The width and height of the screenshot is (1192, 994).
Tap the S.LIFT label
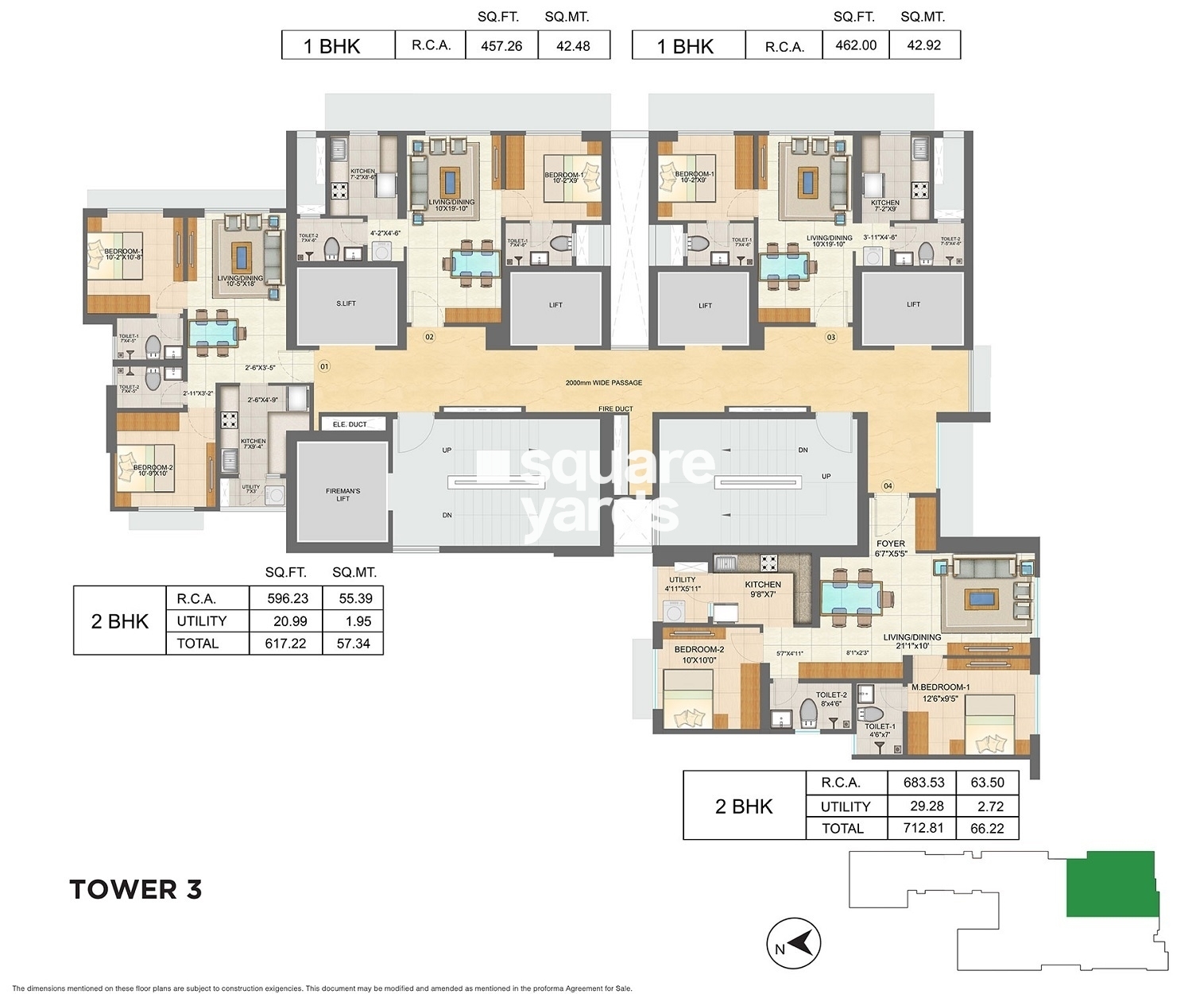(x=346, y=304)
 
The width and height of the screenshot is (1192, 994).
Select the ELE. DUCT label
(x=350, y=424)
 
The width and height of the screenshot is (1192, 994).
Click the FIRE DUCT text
(x=616, y=409)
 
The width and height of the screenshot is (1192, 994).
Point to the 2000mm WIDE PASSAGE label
(x=604, y=383)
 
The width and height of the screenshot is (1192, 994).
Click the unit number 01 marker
(x=323, y=366)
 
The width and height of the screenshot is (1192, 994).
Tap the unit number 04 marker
(x=888, y=485)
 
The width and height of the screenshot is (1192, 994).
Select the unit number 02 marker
(x=429, y=337)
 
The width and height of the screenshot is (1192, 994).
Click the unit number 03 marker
(x=831, y=337)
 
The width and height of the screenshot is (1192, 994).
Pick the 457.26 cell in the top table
(x=501, y=46)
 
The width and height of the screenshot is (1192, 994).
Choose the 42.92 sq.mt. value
(x=923, y=45)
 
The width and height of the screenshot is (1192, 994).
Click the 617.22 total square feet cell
(x=285, y=644)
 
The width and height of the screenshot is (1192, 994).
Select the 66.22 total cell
(x=987, y=828)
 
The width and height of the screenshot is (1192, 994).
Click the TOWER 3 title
(x=136, y=889)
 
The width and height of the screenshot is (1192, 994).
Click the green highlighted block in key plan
(x=1110, y=884)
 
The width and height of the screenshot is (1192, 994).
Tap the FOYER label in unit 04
(x=891, y=544)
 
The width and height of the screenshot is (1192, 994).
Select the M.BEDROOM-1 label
(x=940, y=687)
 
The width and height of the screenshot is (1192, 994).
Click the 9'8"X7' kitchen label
(x=763, y=594)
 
